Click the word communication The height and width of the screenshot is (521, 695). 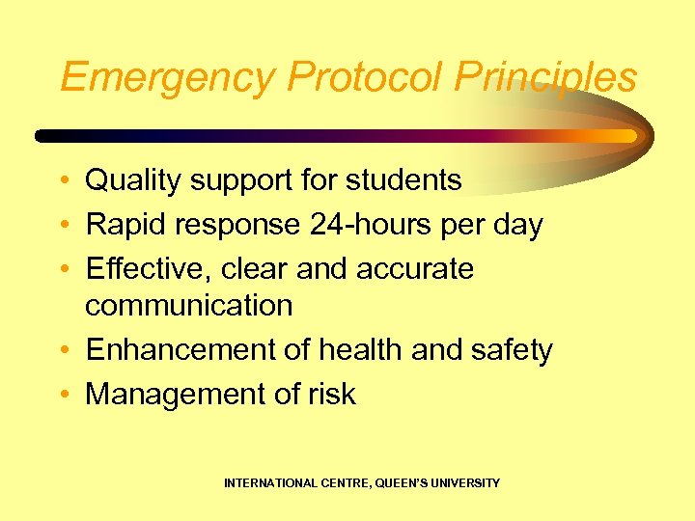point(189,306)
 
